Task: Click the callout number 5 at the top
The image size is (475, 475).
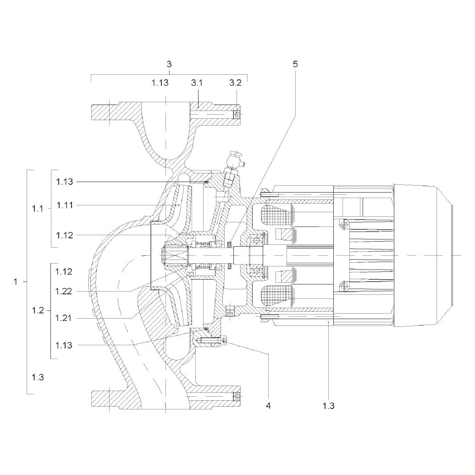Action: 295,64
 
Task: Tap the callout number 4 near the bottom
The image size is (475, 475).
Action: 268,405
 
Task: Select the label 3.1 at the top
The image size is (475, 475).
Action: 197,83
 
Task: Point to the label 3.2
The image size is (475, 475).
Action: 235,83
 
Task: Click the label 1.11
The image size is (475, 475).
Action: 65,205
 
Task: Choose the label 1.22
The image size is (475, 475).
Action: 64,292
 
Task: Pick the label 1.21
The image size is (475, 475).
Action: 63,318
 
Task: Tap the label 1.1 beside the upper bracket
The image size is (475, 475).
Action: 38,209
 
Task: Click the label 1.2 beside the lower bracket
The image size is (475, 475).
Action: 38,310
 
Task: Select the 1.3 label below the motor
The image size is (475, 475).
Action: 328,406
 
